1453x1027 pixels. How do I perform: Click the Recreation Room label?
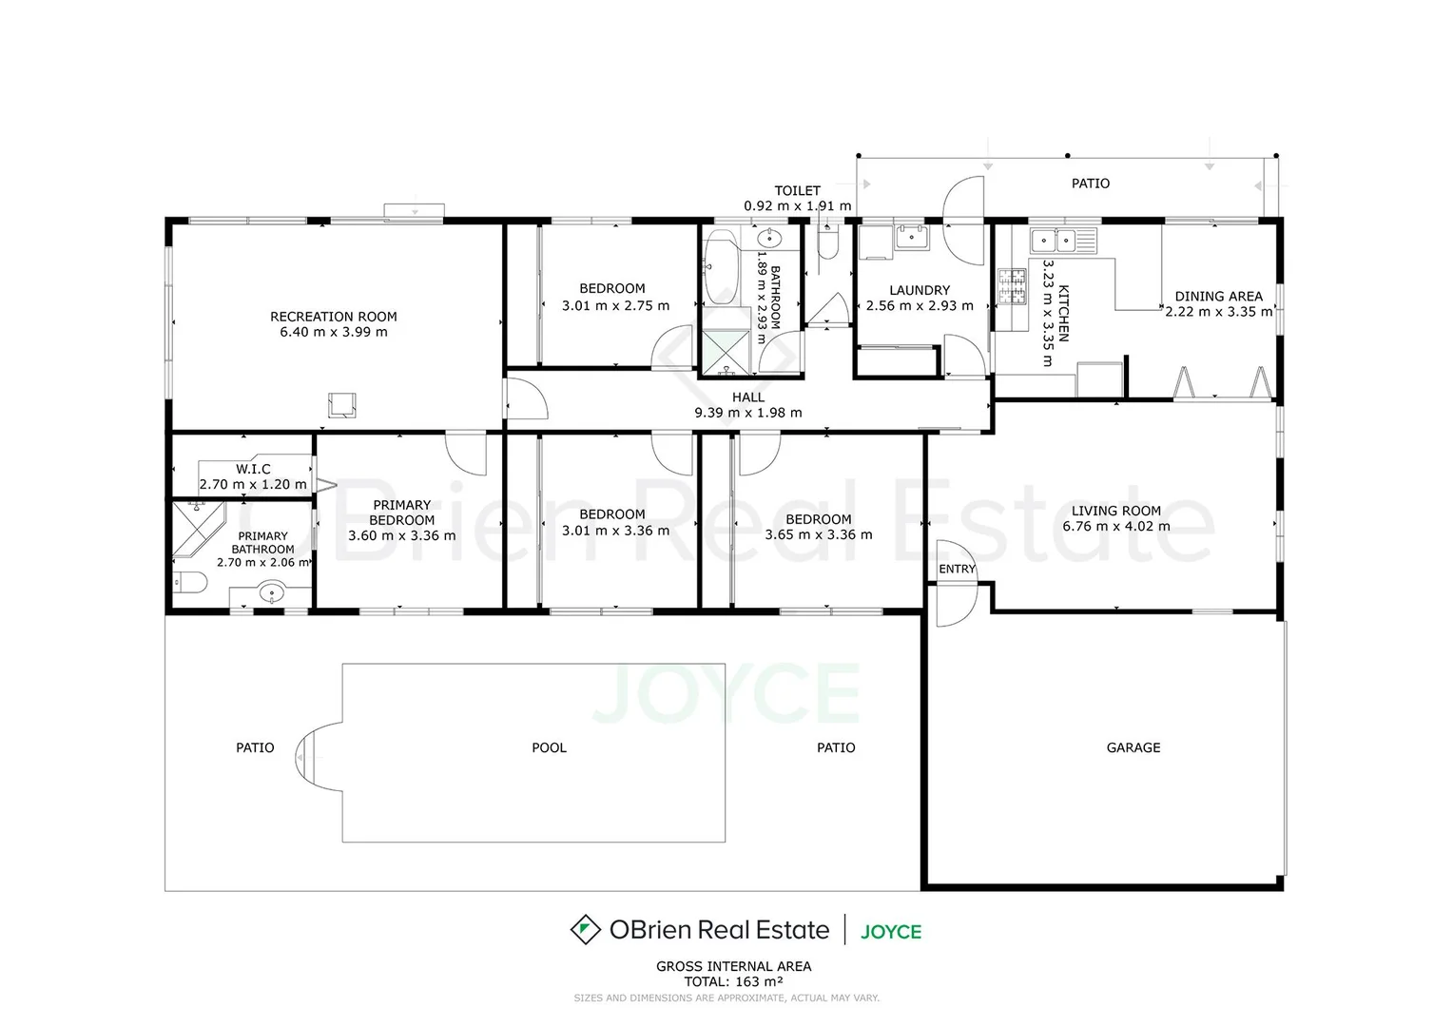tap(333, 317)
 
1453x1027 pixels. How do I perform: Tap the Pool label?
tap(549, 748)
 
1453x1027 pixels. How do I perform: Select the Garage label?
tap(1133, 748)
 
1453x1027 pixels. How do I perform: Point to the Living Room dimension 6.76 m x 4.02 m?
tap(1115, 527)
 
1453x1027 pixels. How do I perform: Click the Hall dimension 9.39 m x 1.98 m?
tap(747, 413)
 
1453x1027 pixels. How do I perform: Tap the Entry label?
tap(957, 570)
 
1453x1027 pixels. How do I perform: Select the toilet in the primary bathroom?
tap(190, 583)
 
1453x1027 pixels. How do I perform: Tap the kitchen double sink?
tap(1055, 241)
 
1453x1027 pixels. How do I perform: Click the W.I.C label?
tap(253, 469)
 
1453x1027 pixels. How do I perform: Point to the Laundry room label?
tap(919, 291)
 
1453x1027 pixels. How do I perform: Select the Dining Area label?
tap(1218, 297)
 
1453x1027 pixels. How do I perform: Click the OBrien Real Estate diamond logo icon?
tap(585, 929)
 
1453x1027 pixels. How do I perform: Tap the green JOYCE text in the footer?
tap(891, 931)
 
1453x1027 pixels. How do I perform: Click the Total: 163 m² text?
tap(733, 981)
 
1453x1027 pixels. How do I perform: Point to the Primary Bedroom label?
tap(402, 513)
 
